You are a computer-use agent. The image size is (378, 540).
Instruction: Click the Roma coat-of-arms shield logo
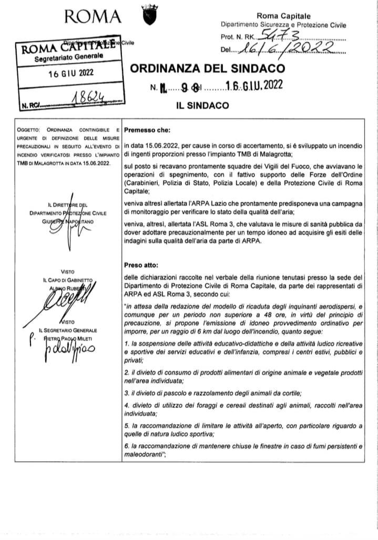[148, 15]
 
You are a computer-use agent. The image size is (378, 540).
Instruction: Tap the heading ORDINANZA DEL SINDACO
[207, 69]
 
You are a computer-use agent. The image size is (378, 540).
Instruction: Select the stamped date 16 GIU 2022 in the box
[66, 75]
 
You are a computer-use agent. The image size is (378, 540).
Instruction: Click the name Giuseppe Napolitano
[68, 221]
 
